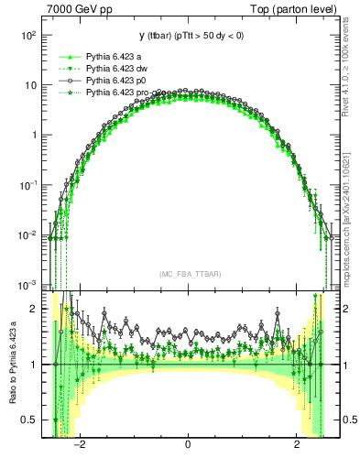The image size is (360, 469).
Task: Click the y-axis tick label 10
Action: [x=30, y=85]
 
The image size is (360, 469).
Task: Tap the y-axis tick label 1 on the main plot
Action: [x=34, y=135]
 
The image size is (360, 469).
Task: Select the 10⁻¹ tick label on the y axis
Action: [x=28, y=184]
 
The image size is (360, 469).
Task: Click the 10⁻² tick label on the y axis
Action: [x=28, y=234]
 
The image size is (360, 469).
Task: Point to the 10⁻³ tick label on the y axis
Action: [x=28, y=284]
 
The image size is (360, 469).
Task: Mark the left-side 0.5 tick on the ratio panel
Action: [x=30, y=420]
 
